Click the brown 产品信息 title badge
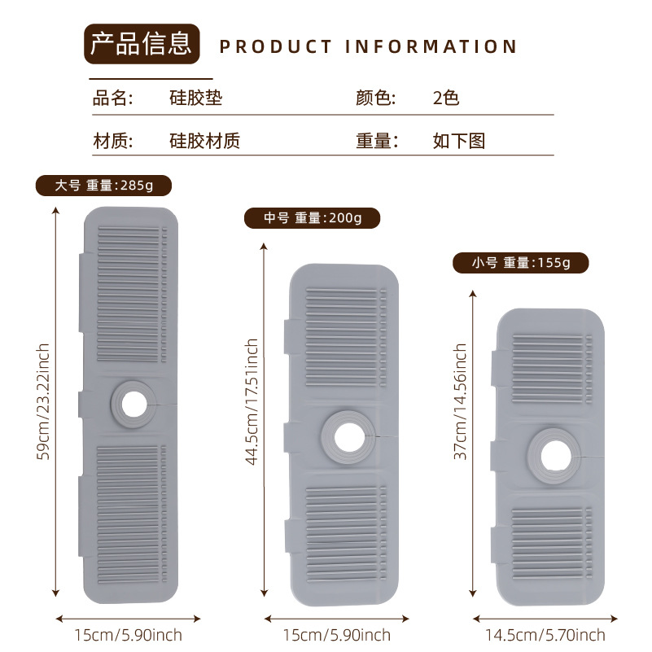tap(142, 44)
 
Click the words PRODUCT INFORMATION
tap(369, 46)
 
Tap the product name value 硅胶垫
tap(195, 98)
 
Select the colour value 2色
tap(446, 98)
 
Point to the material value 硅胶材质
tap(204, 141)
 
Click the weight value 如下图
tap(459, 141)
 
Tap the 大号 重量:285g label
tap(104, 185)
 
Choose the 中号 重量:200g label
tap(313, 218)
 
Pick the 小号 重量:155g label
tap(521, 263)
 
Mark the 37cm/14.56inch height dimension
tap(461, 401)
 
